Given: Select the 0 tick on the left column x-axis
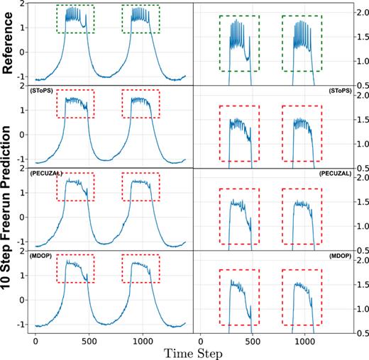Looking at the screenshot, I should [36, 339].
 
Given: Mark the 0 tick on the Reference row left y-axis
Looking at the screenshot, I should [25, 52].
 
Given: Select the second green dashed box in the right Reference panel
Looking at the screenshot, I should [302, 43].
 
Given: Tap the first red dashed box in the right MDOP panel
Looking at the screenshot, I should [239, 298].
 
